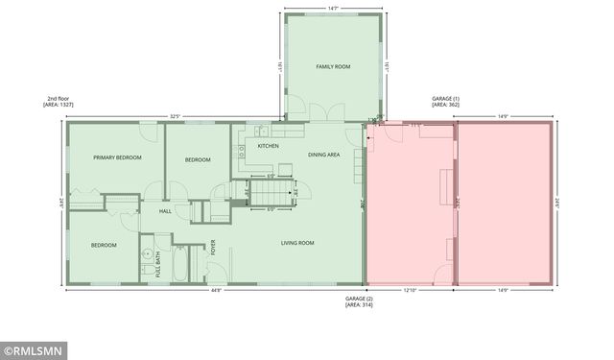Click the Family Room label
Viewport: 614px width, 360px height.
click(x=335, y=66)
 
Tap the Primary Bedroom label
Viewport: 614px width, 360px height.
click(x=117, y=157)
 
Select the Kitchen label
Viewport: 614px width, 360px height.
click(x=268, y=146)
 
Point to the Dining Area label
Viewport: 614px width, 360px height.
click(x=323, y=155)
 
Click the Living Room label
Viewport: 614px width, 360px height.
click(x=297, y=243)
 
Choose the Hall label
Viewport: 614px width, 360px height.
click(x=165, y=211)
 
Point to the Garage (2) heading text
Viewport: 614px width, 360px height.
click(x=363, y=301)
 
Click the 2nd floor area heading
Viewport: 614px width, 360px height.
click(x=59, y=101)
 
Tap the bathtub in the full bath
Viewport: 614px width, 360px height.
click(x=181, y=263)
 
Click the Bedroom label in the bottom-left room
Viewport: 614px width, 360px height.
click(x=104, y=245)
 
